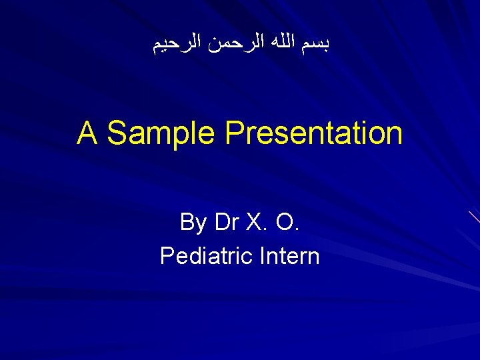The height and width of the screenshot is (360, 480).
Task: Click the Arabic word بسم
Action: [x=318, y=45]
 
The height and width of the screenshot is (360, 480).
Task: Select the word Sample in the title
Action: [x=161, y=133]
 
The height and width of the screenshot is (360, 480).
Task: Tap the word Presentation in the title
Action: [x=313, y=133]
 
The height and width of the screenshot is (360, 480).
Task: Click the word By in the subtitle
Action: [x=193, y=222]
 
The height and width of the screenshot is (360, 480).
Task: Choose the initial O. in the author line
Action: [x=289, y=222]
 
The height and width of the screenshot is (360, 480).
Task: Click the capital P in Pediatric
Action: [x=166, y=255]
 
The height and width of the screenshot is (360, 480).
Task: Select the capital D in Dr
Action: [x=222, y=222]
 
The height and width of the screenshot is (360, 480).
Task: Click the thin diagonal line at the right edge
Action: [x=474, y=216]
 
